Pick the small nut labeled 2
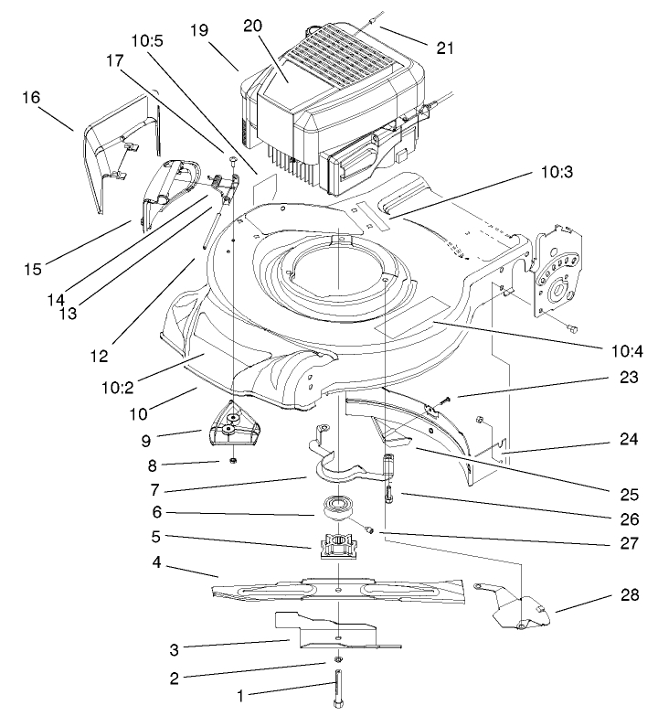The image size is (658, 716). pyautogui.click(x=338, y=659)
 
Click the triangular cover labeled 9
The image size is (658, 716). pyautogui.click(x=231, y=424)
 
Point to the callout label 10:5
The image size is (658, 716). pyautogui.click(x=146, y=42)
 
